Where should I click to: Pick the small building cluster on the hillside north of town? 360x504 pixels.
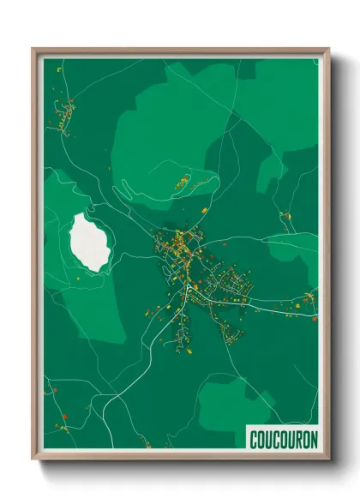click(183, 181)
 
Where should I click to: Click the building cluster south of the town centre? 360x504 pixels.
click(183, 330)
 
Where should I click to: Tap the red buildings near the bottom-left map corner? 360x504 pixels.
click(62, 423)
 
